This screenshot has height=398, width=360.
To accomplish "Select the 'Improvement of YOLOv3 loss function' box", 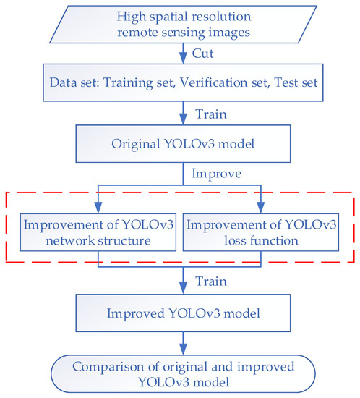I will (x=261, y=231).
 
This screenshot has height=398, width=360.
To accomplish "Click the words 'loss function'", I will (x=261, y=239).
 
